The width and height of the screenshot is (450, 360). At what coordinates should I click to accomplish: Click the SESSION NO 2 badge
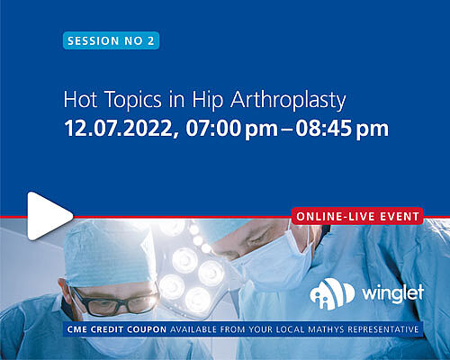tap(111, 40)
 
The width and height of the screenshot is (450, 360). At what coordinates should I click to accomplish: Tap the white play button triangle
tap(48, 216)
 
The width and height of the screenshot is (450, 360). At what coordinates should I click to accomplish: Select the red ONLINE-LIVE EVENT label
tap(357, 216)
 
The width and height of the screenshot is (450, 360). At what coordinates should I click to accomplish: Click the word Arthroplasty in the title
tap(288, 101)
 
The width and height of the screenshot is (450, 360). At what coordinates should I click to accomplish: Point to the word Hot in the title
tap(80, 99)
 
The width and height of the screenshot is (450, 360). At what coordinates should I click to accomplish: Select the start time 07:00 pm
tap(231, 130)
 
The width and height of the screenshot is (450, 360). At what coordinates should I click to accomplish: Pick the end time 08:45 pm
tap(342, 130)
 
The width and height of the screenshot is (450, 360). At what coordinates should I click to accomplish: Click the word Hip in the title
tap(208, 100)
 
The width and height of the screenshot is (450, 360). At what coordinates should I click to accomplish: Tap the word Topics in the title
tap(133, 101)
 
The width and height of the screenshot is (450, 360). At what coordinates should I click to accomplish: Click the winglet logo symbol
tap(332, 293)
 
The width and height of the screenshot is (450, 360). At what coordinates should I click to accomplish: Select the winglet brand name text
tap(393, 292)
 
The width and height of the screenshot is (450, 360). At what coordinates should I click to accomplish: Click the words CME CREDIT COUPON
tap(117, 329)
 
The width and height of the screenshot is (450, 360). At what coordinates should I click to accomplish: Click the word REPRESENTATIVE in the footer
tap(383, 329)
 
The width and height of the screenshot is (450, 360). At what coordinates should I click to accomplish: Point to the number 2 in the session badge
tap(150, 40)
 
